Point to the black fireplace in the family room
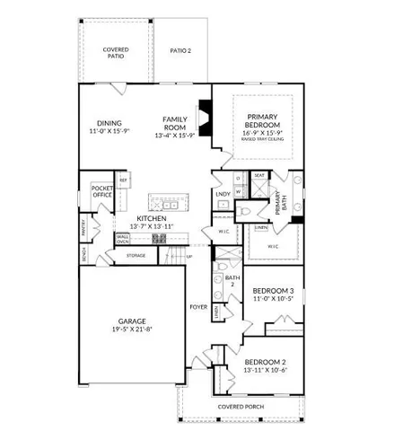(206, 118)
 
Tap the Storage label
(136, 256)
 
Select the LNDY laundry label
(223, 193)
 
